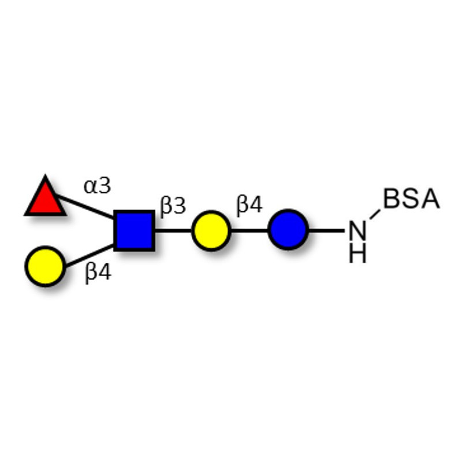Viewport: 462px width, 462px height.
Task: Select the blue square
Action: [x=135, y=230]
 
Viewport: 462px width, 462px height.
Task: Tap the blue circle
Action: [x=288, y=229]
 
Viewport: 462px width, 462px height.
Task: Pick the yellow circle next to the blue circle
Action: [x=211, y=230]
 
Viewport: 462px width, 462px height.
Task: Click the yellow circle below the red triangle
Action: [x=45, y=266]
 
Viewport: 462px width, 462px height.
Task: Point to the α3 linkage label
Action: [x=97, y=186]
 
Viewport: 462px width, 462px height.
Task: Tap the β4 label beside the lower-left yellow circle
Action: [x=98, y=273]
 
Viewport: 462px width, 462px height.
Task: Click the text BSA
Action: [x=412, y=199]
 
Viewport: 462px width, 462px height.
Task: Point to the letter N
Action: [x=357, y=230]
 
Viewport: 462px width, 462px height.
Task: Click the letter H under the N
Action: [x=357, y=253]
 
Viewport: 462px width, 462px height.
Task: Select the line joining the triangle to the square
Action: [x=85, y=206]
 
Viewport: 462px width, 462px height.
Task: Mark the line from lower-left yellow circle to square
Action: [x=90, y=256]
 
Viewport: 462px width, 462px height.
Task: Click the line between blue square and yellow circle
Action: [x=173, y=230]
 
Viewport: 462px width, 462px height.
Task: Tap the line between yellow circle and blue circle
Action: [x=249, y=230]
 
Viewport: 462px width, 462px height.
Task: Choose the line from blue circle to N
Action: [x=326, y=230]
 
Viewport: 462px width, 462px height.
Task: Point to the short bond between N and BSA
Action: [x=375, y=214]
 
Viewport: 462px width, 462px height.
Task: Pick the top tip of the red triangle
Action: [x=45, y=175]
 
